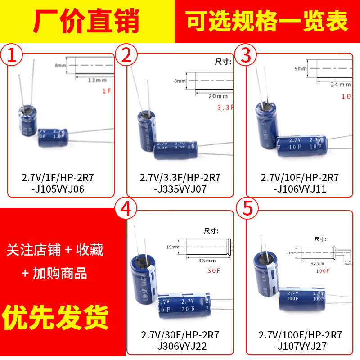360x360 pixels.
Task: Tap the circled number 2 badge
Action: pos(126,55)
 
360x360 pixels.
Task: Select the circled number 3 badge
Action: pos(246,55)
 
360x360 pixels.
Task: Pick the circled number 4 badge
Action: pos(126,210)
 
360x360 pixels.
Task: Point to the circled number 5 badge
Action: pos(246,210)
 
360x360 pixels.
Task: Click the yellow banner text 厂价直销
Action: pos(87,21)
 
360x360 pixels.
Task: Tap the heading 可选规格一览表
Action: pos(267,21)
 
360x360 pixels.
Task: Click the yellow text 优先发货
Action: pos(56,318)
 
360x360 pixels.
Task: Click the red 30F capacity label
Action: pos(213,271)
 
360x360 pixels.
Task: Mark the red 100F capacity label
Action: pos(322,271)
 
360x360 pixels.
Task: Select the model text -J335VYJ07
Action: pos(180,189)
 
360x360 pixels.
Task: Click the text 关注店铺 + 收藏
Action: pos(55,250)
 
